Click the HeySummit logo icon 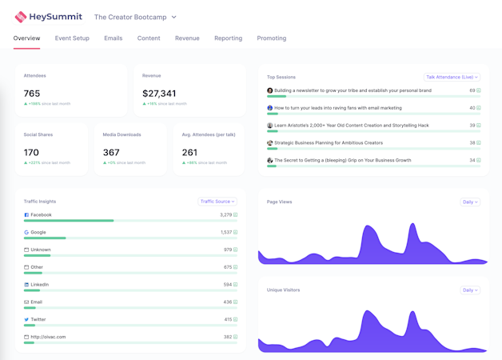pyautogui.click(x=21, y=17)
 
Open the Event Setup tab pyautogui.click(x=72, y=38)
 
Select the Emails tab pyautogui.click(x=113, y=38)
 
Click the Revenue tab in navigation pyautogui.click(x=187, y=38)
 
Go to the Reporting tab pyautogui.click(x=228, y=38)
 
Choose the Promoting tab pyautogui.click(x=271, y=38)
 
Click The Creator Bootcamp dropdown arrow pyautogui.click(x=174, y=17)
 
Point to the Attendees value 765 pyautogui.click(x=32, y=94)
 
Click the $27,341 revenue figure pyautogui.click(x=159, y=94)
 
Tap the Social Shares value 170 pyautogui.click(x=31, y=152)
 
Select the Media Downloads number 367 pyautogui.click(x=111, y=152)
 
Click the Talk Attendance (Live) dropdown pyautogui.click(x=452, y=78)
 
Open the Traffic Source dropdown pyautogui.click(x=217, y=202)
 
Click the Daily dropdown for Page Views pyautogui.click(x=470, y=202)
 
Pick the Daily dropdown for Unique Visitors pyautogui.click(x=470, y=290)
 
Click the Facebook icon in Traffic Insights pyautogui.click(x=26, y=215)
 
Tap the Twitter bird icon pyautogui.click(x=26, y=320)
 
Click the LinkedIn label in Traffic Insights pyautogui.click(x=39, y=285)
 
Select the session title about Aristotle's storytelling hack pyautogui.click(x=351, y=126)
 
